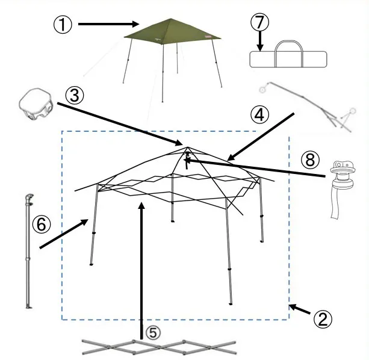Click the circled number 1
(x=63, y=25)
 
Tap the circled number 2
(x=323, y=319)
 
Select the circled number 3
(x=75, y=96)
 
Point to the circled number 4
(x=259, y=115)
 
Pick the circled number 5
(x=153, y=333)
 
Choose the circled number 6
(x=42, y=224)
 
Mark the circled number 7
(x=259, y=22)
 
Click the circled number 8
(x=310, y=160)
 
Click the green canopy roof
(x=172, y=32)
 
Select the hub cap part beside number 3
(x=36, y=104)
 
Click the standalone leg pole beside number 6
(x=28, y=251)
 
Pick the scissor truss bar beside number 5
(x=159, y=347)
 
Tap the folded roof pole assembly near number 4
(x=308, y=107)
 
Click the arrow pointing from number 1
(x=108, y=24)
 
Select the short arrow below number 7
(x=260, y=41)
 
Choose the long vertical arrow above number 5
(x=141, y=271)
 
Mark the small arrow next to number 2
(x=300, y=309)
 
